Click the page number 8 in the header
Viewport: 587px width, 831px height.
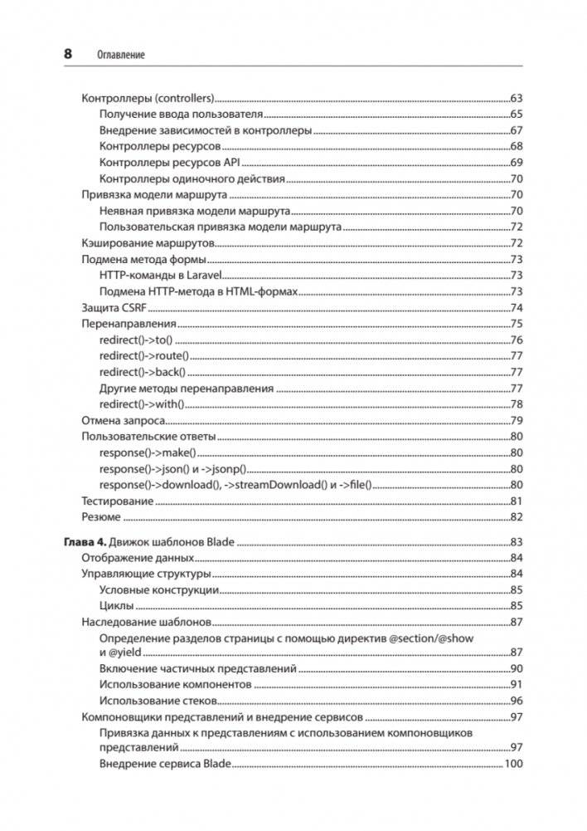click(x=68, y=54)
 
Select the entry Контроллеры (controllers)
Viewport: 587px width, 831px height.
click(x=148, y=99)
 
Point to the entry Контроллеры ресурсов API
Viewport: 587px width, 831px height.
click(x=169, y=162)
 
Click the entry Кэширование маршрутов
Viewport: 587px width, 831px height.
click(x=148, y=243)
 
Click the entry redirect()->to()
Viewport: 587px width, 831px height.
click(x=134, y=340)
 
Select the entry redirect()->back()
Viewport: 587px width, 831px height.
click(x=142, y=371)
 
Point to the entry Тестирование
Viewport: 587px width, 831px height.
click(x=117, y=501)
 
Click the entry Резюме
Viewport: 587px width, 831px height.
click(x=101, y=517)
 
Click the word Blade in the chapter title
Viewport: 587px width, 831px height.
click(x=220, y=543)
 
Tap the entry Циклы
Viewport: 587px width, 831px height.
click(x=116, y=606)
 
